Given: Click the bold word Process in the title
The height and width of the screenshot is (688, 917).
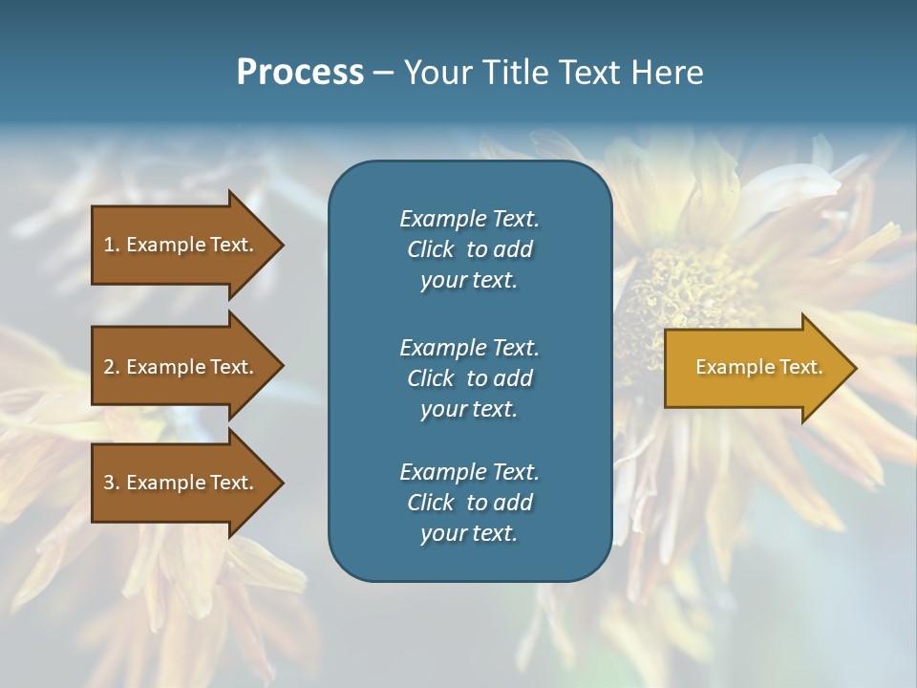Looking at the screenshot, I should [x=300, y=73].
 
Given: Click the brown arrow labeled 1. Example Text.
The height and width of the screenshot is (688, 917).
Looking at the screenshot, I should [x=181, y=245].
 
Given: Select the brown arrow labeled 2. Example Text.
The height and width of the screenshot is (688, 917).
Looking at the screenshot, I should [x=181, y=367].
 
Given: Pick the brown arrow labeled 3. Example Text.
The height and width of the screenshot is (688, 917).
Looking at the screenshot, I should [x=181, y=483].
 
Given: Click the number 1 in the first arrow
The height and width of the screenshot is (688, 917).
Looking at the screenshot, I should [x=109, y=245].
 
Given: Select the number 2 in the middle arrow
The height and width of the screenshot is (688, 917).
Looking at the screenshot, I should [x=109, y=367].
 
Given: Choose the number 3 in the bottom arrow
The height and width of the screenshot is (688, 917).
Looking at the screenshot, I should [x=109, y=483].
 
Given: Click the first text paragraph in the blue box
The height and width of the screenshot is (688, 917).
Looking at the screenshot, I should [x=469, y=249].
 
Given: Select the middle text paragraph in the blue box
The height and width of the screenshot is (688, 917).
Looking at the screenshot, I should [x=469, y=378].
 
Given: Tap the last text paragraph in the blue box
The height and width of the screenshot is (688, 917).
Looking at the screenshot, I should [x=469, y=503].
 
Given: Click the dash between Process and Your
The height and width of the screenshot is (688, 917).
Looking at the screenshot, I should [x=383, y=73].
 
